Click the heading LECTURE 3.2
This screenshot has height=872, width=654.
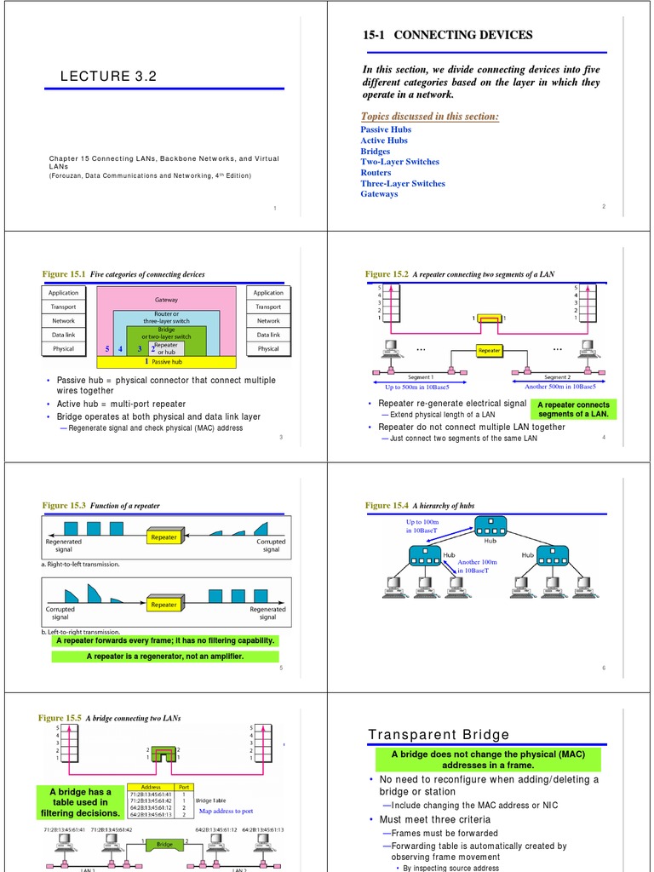(x=108, y=77)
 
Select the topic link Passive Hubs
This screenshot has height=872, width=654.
(x=386, y=129)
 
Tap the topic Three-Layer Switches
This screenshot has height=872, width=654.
(x=402, y=183)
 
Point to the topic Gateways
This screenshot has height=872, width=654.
(x=379, y=194)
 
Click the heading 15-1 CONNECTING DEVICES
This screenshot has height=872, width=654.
(x=447, y=35)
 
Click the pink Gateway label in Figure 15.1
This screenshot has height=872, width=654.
(x=166, y=300)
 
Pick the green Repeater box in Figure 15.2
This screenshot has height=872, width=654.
(x=490, y=350)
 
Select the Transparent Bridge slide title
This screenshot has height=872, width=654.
(x=439, y=735)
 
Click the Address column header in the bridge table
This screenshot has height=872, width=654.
(x=151, y=787)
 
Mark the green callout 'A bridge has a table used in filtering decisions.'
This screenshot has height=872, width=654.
(x=80, y=802)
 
